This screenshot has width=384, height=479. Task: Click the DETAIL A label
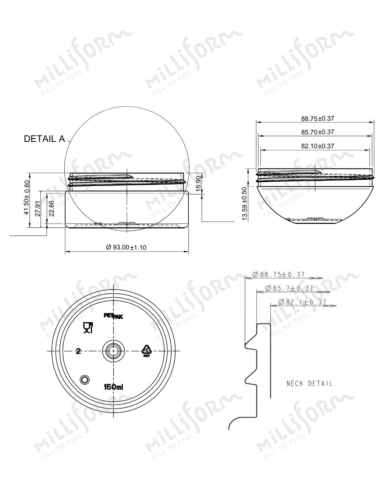(x=44, y=139)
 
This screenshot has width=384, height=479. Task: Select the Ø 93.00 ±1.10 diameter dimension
(x=126, y=247)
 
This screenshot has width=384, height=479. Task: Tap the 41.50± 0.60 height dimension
(x=27, y=198)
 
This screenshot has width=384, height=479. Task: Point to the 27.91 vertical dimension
(x=38, y=209)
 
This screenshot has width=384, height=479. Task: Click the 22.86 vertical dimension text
(x=52, y=208)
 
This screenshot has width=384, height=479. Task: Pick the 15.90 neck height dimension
(x=198, y=184)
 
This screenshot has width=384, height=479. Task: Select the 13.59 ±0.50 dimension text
(x=245, y=204)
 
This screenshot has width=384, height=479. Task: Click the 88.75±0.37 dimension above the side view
(x=318, y=119)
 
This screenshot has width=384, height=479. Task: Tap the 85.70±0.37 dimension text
(x=318, y=132)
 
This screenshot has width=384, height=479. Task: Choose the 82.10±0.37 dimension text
(x=318, y=146)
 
